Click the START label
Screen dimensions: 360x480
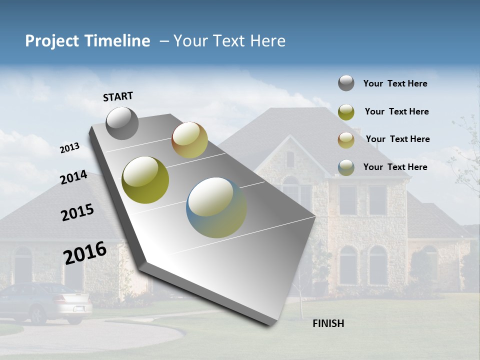[x=118, y=96]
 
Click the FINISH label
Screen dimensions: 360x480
[x=328, y=323]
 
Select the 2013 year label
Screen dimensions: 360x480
[x=69, y=147]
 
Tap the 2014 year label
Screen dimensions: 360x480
[x=74, y=177]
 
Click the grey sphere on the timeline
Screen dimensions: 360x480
[x=122, y=123]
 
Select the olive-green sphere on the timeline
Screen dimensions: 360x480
[x=145, y=180]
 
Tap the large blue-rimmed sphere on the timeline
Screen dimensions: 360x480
[x=216, y=207]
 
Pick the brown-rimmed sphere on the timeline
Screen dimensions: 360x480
[x=189, y=140]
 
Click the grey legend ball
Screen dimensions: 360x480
[x=346, y=83]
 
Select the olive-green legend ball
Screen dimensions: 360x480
[x=346, y=112]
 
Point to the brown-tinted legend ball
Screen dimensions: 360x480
[x=346, y=140]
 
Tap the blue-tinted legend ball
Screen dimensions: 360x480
[x=346, y=167]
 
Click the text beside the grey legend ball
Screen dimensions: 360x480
[x=395, y=83]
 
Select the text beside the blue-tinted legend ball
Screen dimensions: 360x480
[x=395, y=167]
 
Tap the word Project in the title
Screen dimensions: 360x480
[x=51, y=41]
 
